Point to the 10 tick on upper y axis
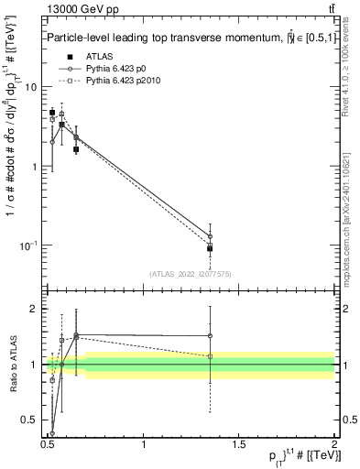(33, 86)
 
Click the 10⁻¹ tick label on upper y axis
(29, 245)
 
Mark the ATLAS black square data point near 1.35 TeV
(210, 248)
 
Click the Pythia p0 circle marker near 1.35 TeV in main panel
(210, 236)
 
